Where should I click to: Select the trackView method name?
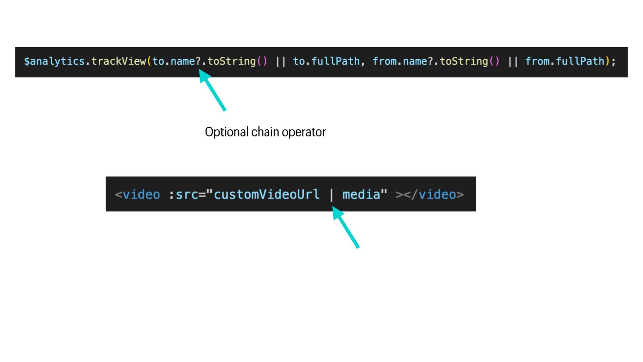coord(119,61)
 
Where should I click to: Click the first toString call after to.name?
coord(231,61)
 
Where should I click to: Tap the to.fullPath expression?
coord(326,61)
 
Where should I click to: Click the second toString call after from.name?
coord(463,61)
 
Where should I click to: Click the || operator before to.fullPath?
coord(280,62)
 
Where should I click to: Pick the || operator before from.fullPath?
coord(512,62)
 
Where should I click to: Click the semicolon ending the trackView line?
coord(614,62)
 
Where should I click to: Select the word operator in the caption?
coord(303,132)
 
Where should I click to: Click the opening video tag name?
coord(141,194)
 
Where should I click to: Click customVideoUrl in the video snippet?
coord(267,194)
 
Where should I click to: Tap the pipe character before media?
coord(332,194)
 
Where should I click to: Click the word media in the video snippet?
coord(361,194)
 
